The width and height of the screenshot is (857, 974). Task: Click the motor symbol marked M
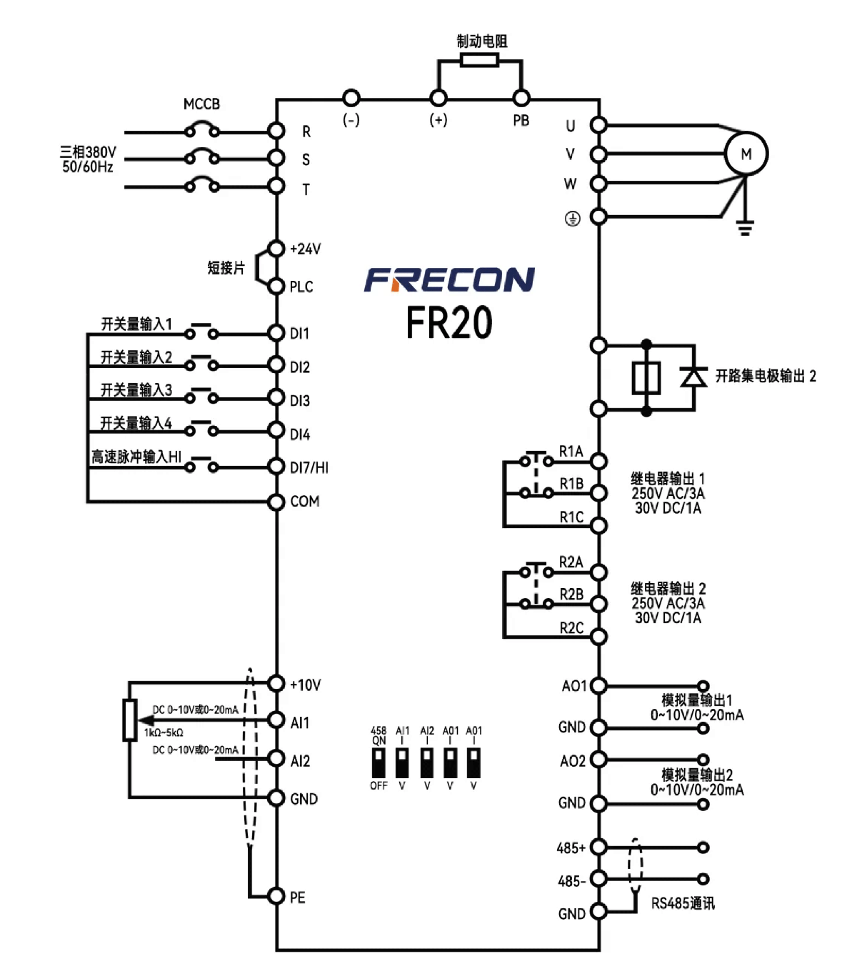(746, 154)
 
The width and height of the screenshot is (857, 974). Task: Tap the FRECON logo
(449, 279)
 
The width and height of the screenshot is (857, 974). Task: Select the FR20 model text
(449, 322)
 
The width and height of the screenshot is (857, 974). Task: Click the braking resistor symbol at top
(479, 61)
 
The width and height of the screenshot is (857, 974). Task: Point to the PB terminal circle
(522, 98)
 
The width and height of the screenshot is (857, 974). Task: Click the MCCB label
(201, 104)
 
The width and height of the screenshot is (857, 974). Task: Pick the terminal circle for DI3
(276, 398)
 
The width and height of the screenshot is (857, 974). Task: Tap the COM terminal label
(305, 502)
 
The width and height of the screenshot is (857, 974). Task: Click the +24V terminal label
(306, 249)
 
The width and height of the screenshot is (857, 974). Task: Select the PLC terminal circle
(276, 287)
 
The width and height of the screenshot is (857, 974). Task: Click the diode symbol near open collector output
(693, 376)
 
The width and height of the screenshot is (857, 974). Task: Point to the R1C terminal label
(571, 517)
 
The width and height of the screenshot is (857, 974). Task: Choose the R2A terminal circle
(599, 572)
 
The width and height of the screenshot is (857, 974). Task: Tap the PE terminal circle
(276, 896)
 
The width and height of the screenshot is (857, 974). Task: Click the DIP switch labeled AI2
(426, 762)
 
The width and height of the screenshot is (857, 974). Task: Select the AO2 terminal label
(573, 762)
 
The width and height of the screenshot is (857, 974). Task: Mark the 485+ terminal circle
(599, 848)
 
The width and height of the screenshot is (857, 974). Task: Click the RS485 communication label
(683, 904)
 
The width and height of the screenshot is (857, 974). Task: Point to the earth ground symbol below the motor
(745, 229)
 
